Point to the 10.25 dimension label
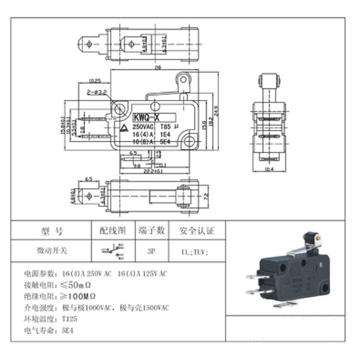pyautogui.click(x=94, y=81)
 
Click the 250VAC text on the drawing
pyautogui.click(x=143, y=127)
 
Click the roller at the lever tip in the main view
pyautogui.click(x=183, y=80)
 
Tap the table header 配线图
pyautogui.click(x=113, y=231)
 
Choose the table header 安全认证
pyautogui.click(x=197, y=231)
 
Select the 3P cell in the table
pyautogui.click(x=151, y=251)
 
